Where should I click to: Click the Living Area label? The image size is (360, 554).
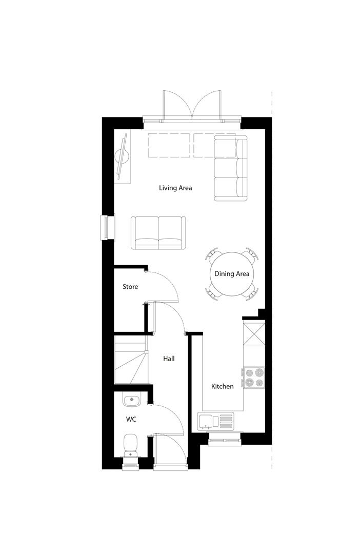(x=175, y=188)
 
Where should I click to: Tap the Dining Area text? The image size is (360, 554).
(x=232, y=274)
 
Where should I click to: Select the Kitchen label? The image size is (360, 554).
(x=223, y=386)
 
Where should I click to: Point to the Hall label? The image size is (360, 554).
(x=169, y=359)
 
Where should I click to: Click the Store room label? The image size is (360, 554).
(x=130, y=287)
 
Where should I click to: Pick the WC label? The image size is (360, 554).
(x=131, y=419)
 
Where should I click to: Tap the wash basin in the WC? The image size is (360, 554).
(x=131, y=399)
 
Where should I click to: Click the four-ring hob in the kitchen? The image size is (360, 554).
(x=253, y=377)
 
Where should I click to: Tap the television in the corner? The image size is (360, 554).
(x=123, y=156)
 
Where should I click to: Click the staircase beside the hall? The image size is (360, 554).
(x=130, y=359)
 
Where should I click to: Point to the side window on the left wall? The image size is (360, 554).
(x=106, y=227)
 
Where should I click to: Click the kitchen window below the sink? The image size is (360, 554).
(x=224, y=437)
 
